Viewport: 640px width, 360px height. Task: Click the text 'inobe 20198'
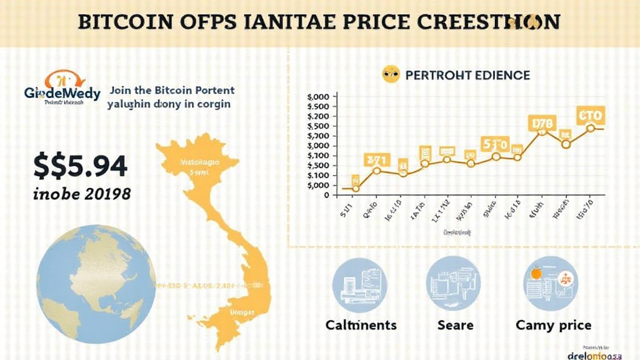point(81,194)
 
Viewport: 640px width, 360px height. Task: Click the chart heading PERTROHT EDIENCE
point(467,76)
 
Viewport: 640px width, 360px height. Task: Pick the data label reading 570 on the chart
point(495,144)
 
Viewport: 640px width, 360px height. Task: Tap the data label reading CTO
point(590,116)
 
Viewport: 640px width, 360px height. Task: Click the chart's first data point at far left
point(356,188)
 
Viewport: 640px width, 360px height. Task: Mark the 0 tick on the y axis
point(326,194)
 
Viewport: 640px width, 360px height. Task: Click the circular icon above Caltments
point(360,284)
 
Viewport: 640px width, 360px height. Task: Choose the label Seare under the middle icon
point(455,325)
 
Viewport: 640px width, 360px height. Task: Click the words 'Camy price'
point(552,325)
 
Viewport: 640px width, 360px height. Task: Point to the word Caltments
point(361,325)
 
